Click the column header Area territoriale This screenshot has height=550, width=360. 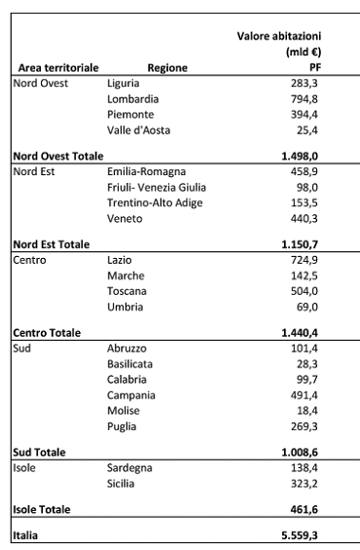[54, 68]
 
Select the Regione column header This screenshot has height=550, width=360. [166, 68]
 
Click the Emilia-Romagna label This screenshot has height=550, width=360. [146, 171]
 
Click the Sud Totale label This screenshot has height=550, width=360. [39, 452]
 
